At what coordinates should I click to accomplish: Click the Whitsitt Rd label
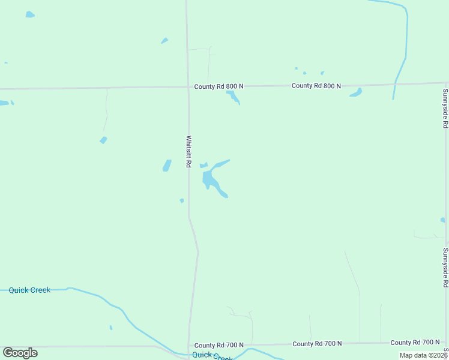point(188,151)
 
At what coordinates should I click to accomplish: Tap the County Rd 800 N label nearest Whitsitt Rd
point(218,86)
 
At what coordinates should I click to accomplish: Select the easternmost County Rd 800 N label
point(316,86)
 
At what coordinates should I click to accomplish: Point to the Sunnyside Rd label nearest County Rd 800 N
point(445,109)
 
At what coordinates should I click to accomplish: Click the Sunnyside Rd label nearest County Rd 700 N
point(445,271)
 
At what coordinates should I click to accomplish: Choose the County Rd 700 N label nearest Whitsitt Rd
point(218,345)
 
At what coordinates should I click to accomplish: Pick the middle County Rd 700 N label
point(317,344)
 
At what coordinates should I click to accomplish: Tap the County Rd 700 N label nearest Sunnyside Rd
point(415,343)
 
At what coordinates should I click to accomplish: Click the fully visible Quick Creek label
point(29,290)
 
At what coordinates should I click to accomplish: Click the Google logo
point(20,353)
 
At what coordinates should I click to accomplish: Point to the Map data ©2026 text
point(424,355)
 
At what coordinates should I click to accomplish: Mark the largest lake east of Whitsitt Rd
point(211,178)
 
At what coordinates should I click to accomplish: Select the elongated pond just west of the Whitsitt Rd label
point(167,165)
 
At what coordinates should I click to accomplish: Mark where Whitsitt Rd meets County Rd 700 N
point(189,346)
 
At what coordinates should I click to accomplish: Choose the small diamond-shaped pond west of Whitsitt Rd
point(103,140)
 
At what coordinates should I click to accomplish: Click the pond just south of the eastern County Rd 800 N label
point(356,92)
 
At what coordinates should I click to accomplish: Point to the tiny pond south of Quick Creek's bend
point(110,328)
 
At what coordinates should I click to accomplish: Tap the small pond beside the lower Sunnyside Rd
point(442,220)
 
